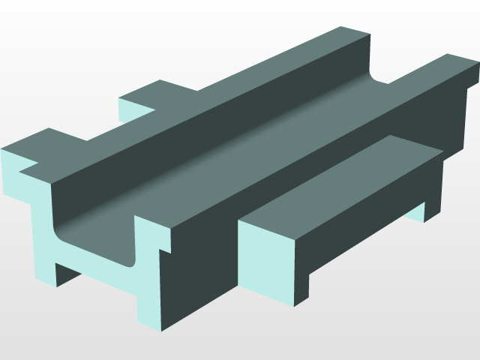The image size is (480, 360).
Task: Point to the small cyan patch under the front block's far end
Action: click(416, 213)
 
